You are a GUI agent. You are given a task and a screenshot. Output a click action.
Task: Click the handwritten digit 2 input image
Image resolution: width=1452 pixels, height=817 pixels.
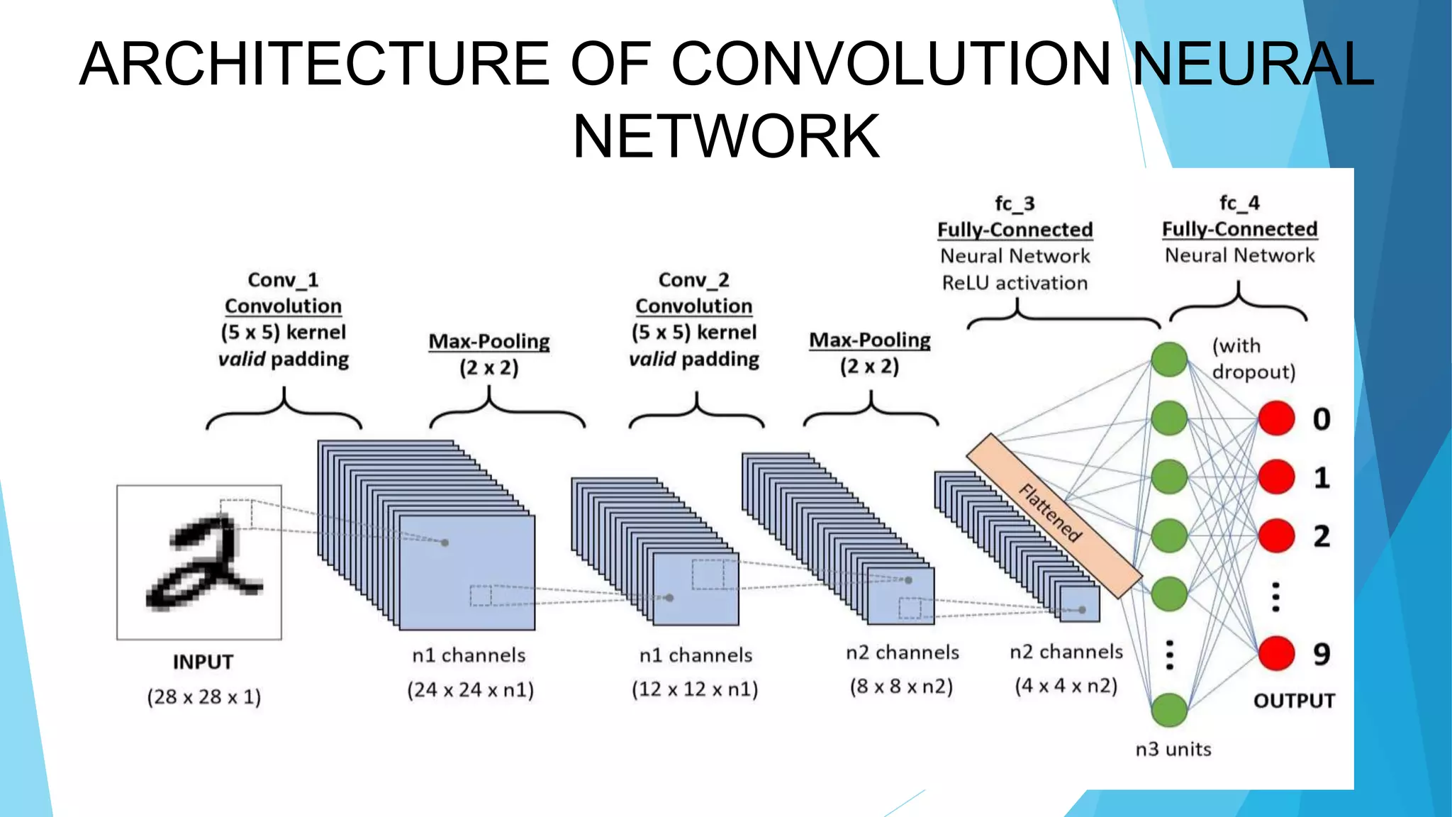[x=199, y=562]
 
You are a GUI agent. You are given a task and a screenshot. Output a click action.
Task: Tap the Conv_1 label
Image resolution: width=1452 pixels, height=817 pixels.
[x=283, y=280]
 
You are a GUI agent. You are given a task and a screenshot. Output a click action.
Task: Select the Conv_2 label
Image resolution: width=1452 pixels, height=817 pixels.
[x=693, y=280]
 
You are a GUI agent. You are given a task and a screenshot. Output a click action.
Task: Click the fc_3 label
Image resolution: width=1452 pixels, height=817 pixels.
[x=1015, y=204]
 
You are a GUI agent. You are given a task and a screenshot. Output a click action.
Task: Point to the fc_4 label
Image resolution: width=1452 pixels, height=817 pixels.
[x=1239, y=204]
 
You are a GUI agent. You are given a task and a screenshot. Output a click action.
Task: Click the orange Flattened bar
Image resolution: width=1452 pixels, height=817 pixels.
[x=1054, y=516]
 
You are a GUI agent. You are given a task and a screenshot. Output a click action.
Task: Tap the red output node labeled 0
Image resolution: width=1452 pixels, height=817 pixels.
[x=1276, y=418]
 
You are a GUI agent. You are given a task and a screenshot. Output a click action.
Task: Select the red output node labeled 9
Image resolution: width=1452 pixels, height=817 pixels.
[x=1276, y=653]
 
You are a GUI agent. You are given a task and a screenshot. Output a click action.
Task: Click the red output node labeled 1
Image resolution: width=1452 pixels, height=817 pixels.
[x=1276, y=477]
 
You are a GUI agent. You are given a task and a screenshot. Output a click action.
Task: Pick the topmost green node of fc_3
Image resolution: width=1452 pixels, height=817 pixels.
[x=1169, y=360]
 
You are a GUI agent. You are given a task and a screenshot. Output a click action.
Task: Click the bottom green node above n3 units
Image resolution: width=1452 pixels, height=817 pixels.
[x=1169, y=710]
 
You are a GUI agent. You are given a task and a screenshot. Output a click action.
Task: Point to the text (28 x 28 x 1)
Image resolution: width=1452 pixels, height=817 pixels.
[x=204, y=697]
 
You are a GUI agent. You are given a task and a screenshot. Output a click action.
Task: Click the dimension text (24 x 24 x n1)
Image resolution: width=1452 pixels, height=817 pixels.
[x=470, y=690]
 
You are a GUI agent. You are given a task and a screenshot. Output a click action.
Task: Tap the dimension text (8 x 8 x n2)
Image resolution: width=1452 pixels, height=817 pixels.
[x=901, y=687]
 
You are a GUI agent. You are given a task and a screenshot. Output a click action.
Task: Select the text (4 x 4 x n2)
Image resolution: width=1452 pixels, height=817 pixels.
[x=1066, y=686]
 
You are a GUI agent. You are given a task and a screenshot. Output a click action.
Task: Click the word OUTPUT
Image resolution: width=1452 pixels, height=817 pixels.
[x=1294, y=701]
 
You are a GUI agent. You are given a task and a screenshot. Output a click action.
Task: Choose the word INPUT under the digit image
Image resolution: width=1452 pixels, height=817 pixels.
[x=203, y=662]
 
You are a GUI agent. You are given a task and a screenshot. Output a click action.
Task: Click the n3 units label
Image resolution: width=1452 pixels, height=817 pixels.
[x=1173, y=749]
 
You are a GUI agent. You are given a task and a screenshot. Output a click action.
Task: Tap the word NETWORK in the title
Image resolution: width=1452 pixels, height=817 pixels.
[x=725, y=136]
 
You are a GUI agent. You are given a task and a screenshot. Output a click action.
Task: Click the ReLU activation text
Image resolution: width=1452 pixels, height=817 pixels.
[x=1015, y=283]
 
